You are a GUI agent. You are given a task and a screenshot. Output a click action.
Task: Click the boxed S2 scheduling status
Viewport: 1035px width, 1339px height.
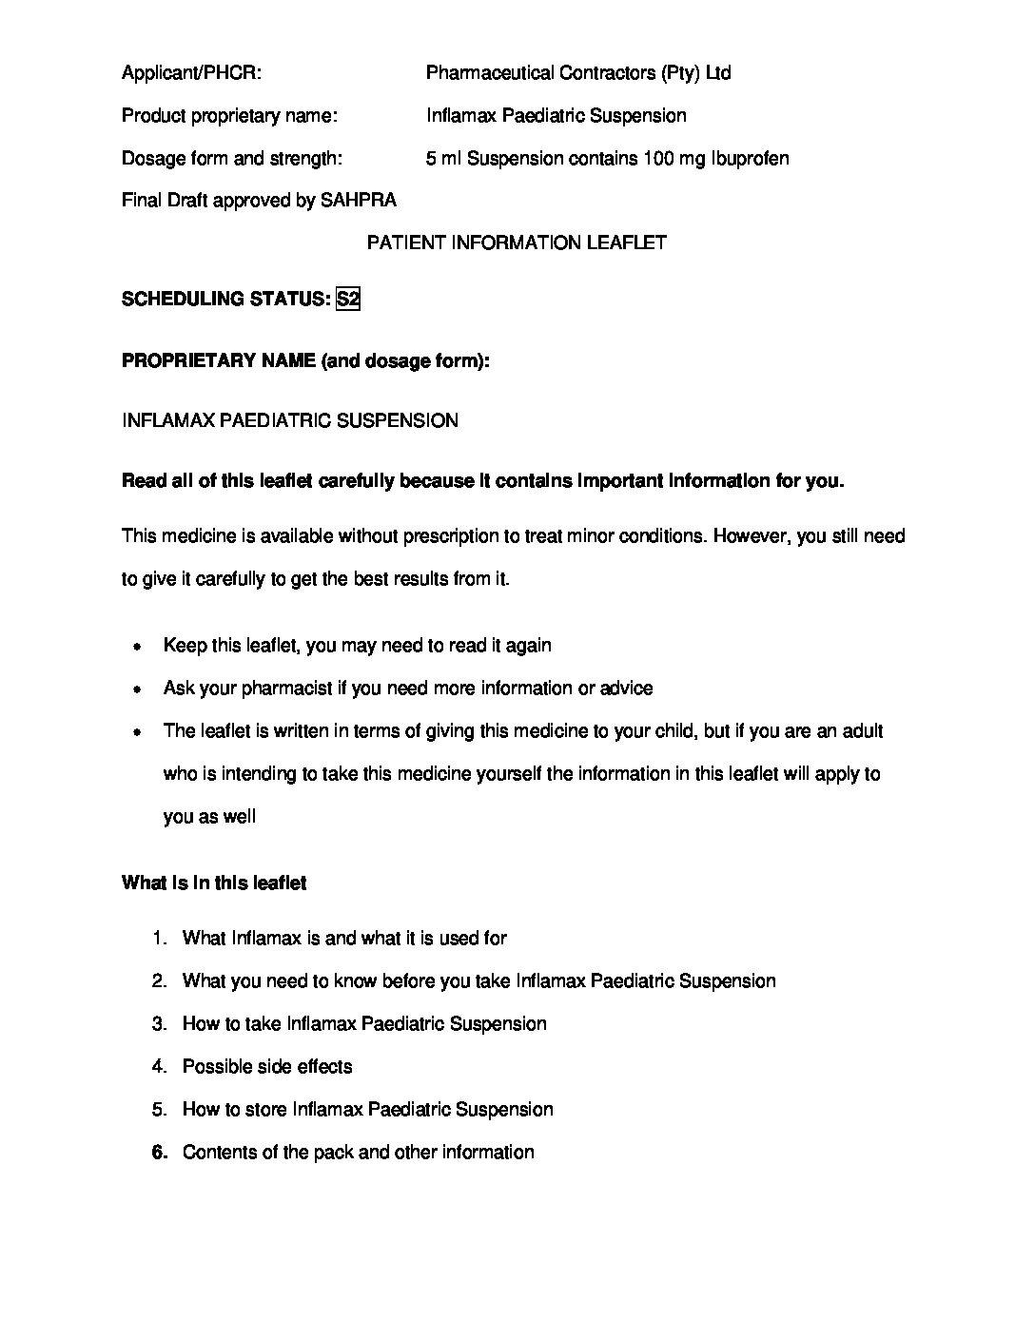pyautogui.click(x=348, y=300)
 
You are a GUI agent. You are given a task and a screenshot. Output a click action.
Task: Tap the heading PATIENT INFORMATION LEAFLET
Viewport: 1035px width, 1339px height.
pyautogui.click(x=517, y=243)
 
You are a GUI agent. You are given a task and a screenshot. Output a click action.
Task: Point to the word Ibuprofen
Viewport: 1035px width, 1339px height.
pyautogui.click(x=749, y=159)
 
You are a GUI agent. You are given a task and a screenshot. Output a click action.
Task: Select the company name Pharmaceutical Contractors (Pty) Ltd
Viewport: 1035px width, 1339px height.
pyautogui.click(x=578, y=73)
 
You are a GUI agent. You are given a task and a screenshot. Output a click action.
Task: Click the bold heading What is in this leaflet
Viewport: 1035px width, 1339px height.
pyautogui.click(x=214, y=883)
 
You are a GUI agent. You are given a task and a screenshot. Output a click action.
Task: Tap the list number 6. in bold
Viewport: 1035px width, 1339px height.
pyautogui.click(x=160, y=1153)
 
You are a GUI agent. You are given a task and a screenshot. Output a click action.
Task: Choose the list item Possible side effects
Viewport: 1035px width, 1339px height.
pyautogui.click(x=267, y=1067)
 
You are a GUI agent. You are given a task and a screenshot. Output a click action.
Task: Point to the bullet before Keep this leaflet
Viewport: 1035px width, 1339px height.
pyautogui.click(x=138, y=647)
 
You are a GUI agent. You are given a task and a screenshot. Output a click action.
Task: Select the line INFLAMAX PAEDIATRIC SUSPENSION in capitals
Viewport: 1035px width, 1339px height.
pyautogui.click(x=290, y=421)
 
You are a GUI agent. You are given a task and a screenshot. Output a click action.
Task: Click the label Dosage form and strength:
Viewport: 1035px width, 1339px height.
pyautogui.click(x=232, y=159)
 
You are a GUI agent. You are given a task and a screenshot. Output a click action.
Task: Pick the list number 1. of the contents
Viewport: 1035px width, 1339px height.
pyautogui.click(x=160, y=939)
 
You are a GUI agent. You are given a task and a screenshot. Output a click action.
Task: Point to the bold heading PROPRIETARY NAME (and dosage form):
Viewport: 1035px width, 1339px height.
pyautogui.click(x=305, y=361)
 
